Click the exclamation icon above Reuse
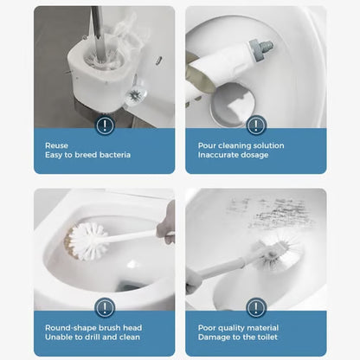click(x=105, y=125)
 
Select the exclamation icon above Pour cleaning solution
click(x=256, y=125)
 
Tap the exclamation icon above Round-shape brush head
click(x=105, y=307)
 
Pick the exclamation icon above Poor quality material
click(x=256, y=307)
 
